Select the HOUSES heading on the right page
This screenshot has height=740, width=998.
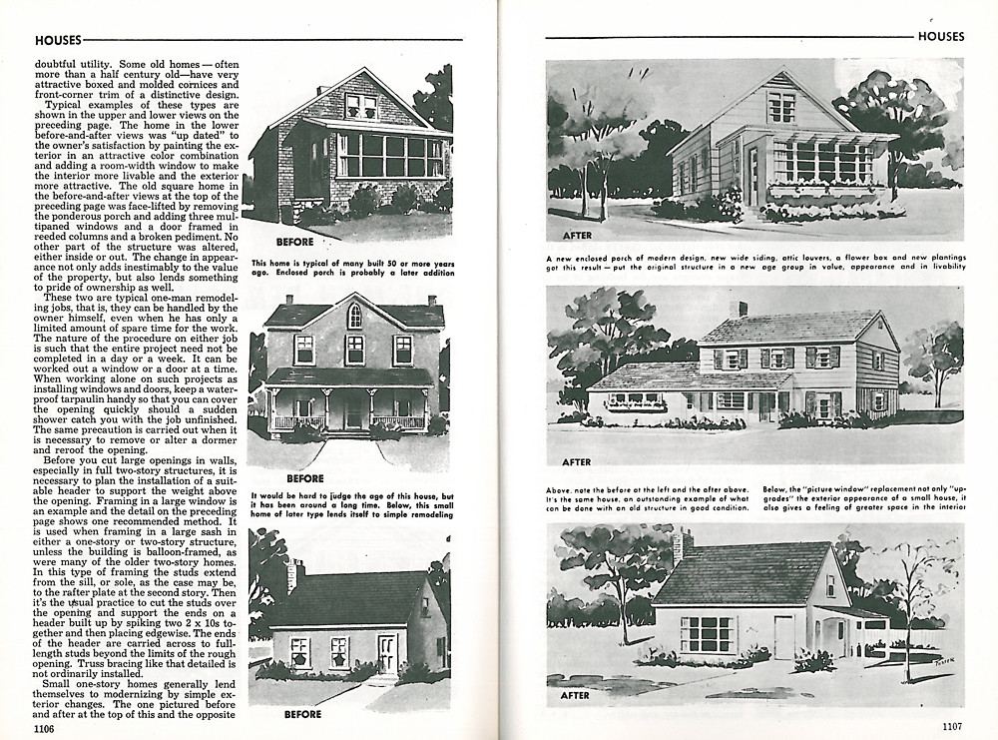tap(940, 36)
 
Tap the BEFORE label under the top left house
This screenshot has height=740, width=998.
tap(294, 242)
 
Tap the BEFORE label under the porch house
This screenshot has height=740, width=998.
tap(305, 478)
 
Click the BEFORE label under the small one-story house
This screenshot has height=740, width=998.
tap(303, 714)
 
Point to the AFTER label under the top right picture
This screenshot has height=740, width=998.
tap(578, 236)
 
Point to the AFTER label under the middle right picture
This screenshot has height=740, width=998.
tap(577, 462)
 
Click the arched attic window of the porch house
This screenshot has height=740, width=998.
tap(354, 316)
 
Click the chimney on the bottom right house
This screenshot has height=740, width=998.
tap(682, 546)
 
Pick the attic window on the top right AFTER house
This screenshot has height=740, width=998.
tap(781, 107)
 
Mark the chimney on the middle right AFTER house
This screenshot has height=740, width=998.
tap(739, 310)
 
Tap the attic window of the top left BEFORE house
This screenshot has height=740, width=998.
tap(361, 106)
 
